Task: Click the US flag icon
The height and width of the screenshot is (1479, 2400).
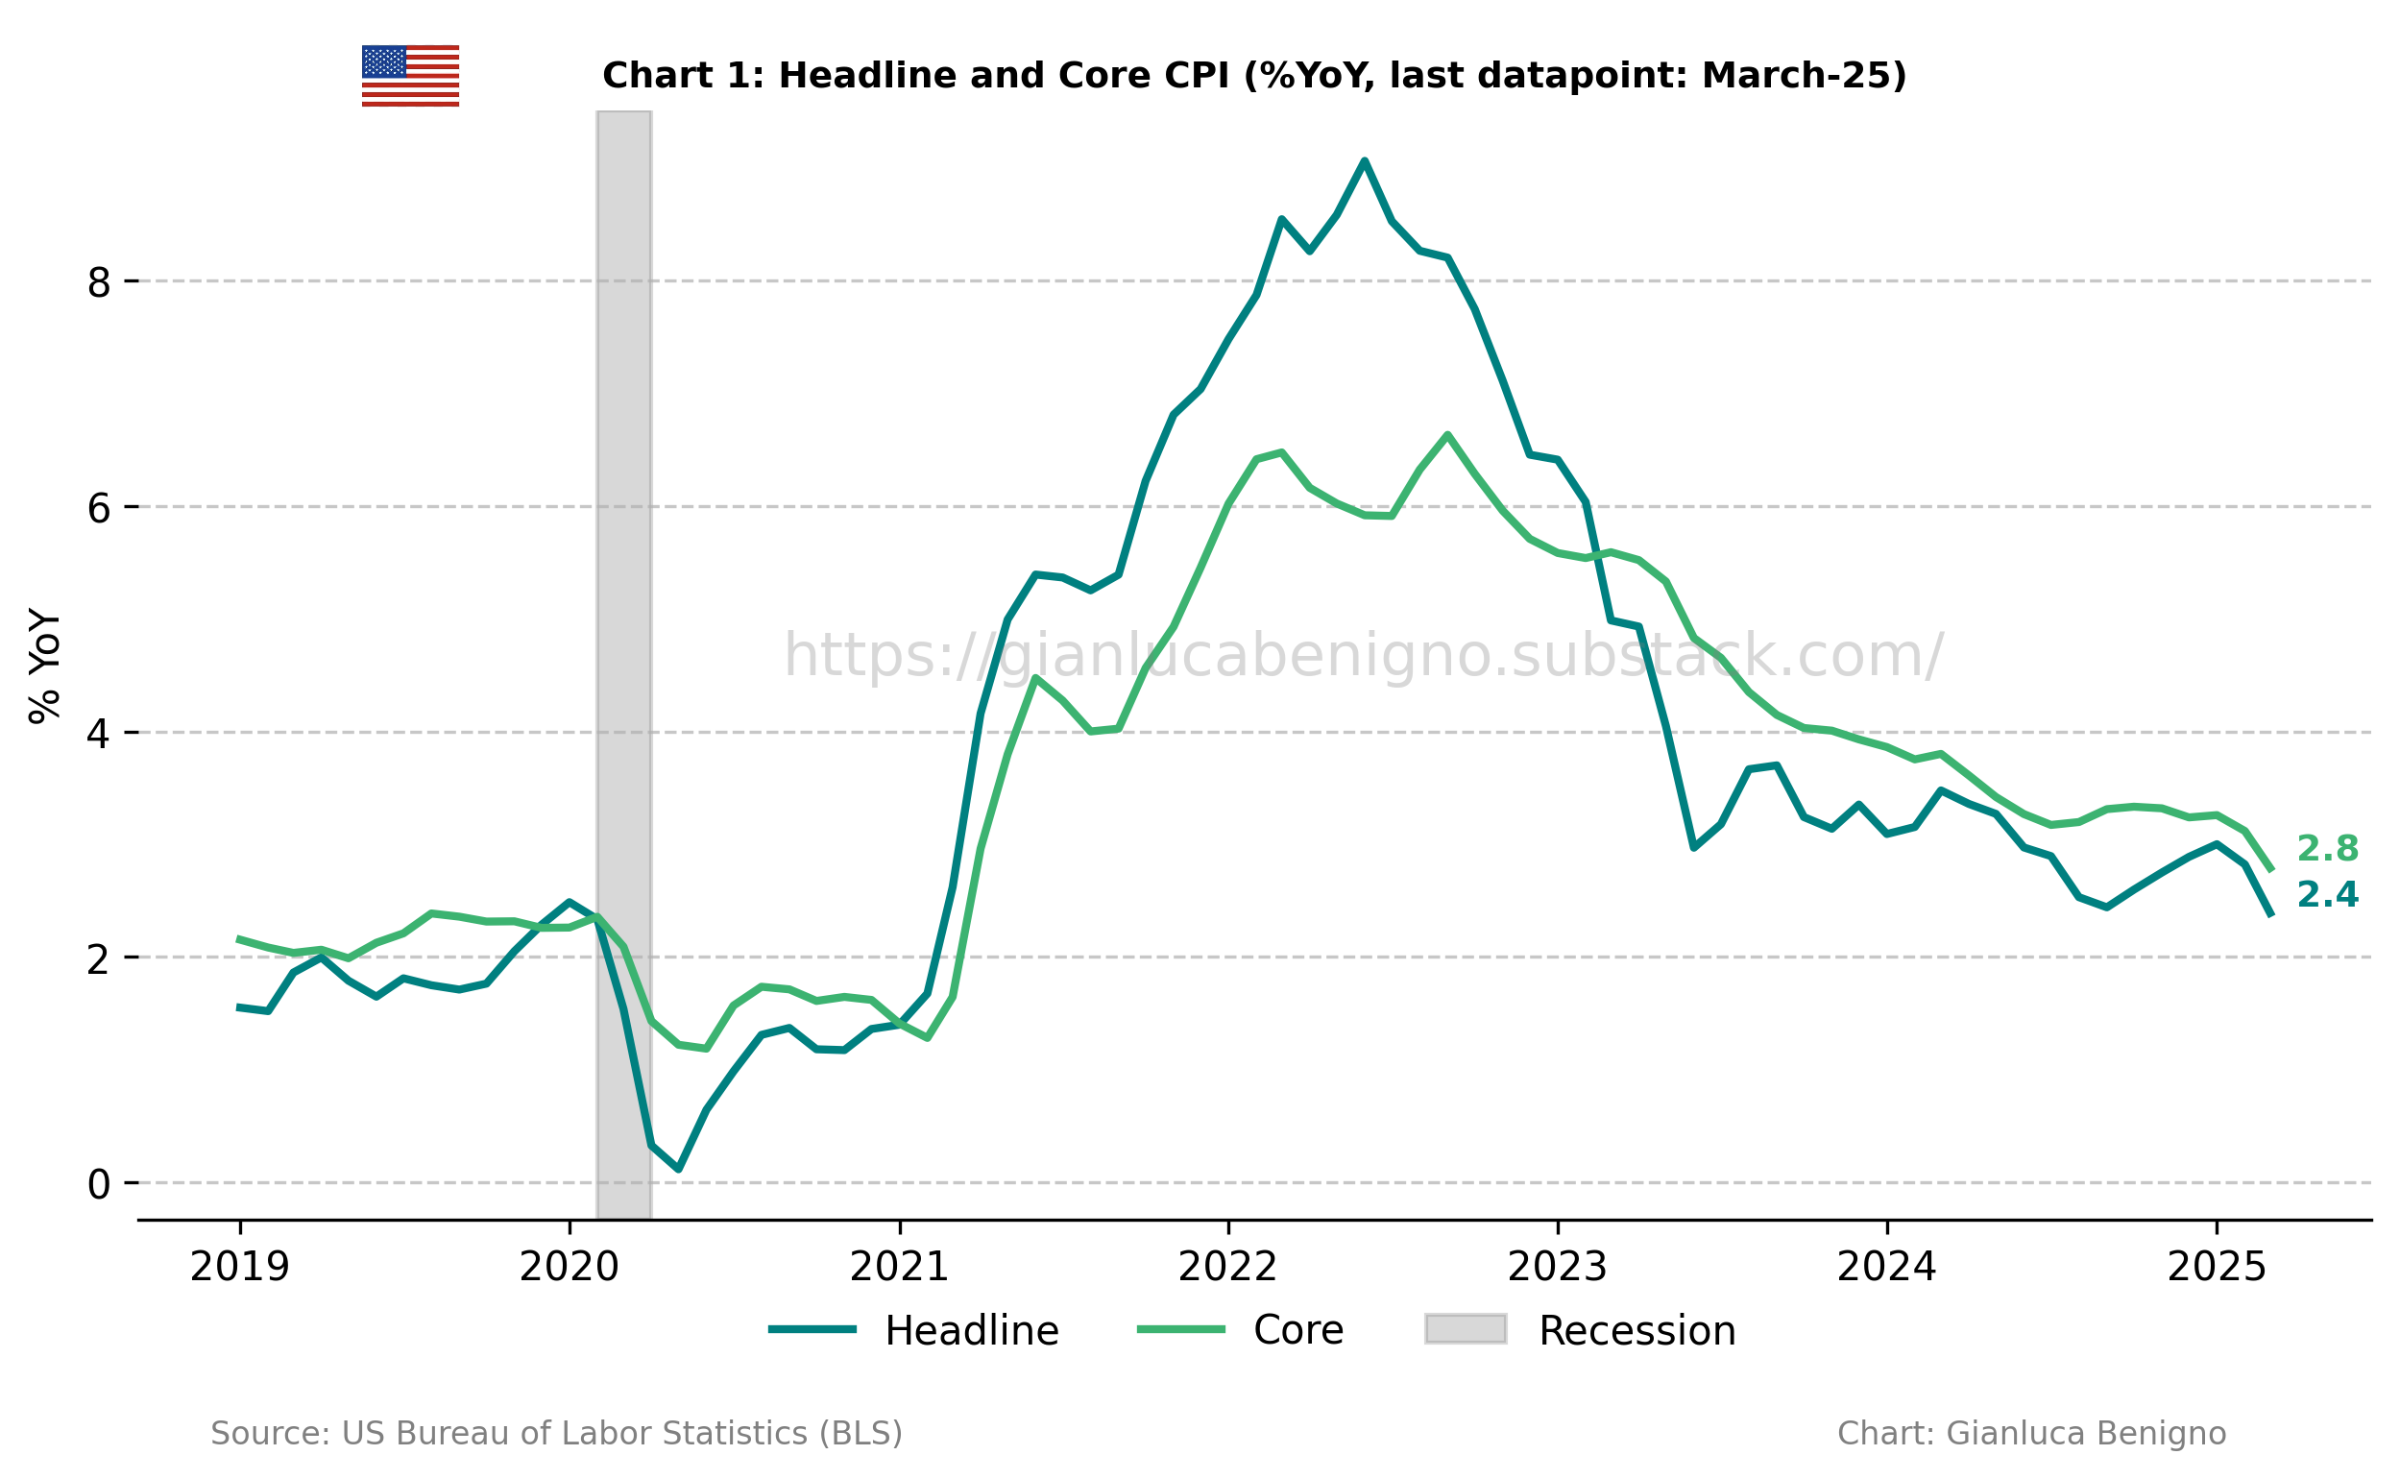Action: (x=410, y=75)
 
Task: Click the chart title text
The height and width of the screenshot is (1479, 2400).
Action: (x=1254, y=75)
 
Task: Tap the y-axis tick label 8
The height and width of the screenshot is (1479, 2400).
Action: (x=99, y=282)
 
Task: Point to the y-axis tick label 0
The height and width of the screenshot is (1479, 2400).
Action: (x=99, y=1184)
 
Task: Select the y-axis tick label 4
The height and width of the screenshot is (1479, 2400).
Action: (x=99, y=734)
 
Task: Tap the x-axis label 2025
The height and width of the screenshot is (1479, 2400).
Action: (x=2217, y=1268)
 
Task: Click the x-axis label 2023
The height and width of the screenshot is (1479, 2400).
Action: (x=1557, y=1268)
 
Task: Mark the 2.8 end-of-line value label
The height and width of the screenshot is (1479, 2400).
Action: (x=2328, y=849)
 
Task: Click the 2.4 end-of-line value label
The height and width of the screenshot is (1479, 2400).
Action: (x=2328, y=894)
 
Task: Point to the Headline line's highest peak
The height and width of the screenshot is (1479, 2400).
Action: (x=1365, y=160)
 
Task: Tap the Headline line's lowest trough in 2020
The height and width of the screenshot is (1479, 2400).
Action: (x=679, y=1169)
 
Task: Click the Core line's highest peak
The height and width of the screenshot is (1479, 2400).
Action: (x=1447, y=434)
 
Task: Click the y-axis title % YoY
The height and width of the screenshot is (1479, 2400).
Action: (x=45, y=667)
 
